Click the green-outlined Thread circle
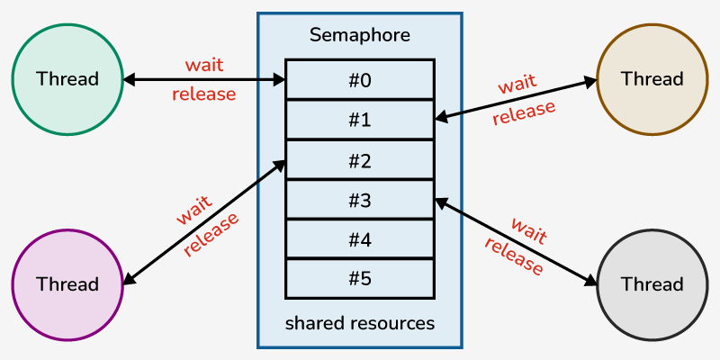pyautogui.click(x=67, y=78)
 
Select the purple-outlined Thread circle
pyautogui.click(x=67, y=284)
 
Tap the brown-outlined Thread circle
pyautogui.click(x=652, y=78)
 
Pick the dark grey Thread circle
pyautogui.click(x=652, y=284)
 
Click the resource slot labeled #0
pyautogui.click(x=360, y=79)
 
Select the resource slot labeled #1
pyautogui.click(x=360, y=120)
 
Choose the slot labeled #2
pyautogui.click(x=360, y=160)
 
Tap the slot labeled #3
pyautogui.click(x=360, y=200)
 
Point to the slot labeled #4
pyautogui.click(x=360, y=239)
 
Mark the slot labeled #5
pyautogui.click(x=360, y=278)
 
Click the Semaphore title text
pyautogui.click(x=360, y=35)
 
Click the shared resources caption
pyautogui.click(x=360, y=322)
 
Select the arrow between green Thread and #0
pyautogui.click(x=204, y=80)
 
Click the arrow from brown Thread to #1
pyautogui.click(x=516, y=99)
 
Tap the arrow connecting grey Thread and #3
pyautogui.click(x=516, y=241)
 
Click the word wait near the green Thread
pyautogui.click(x=204, y=66)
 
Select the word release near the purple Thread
pyautogui.click(x=212, y=235)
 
